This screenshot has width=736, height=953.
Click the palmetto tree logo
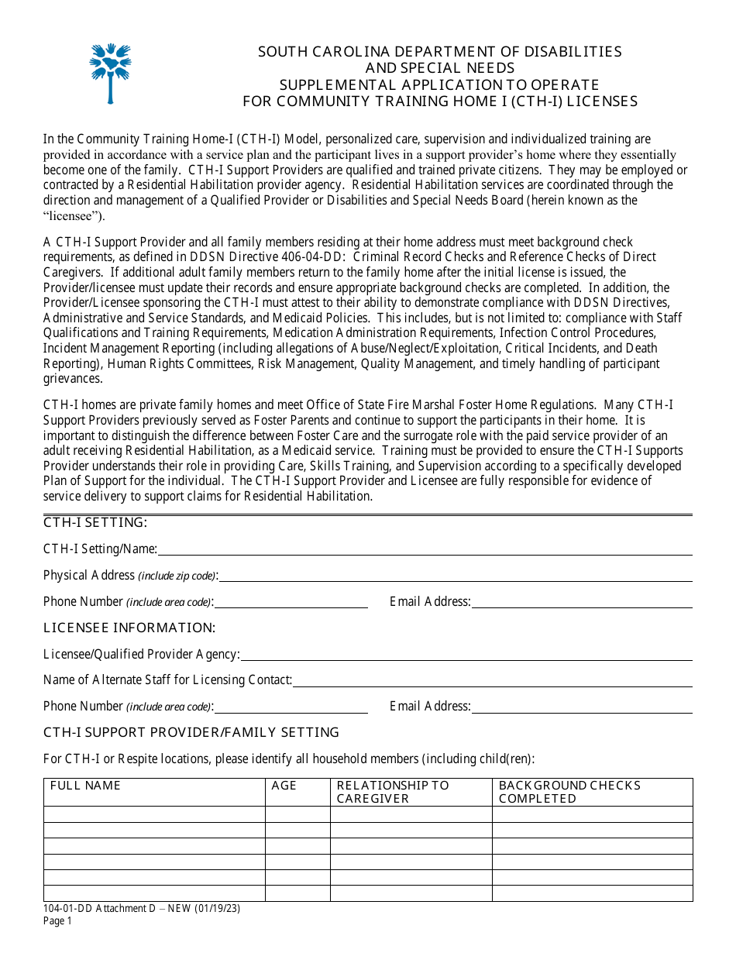pyautogui.click(x=111, y=73)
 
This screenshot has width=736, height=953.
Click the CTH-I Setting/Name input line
pyautogui.click(x=425, y=549)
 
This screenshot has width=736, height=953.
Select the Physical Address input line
pyautogui.click(x=456, y=575)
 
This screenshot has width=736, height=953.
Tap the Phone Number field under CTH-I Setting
pyautogui.click(x=291, y=602)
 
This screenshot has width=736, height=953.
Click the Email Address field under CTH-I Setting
pyautogui.click(x=582, y=602)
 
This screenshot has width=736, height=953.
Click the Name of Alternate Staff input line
pyautogui.click(x=493, y=680)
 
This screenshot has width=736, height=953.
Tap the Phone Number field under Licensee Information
pyautogui.click(x=291, y=707)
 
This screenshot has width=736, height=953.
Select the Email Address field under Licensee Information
pyautogui.click(x=582, y=707)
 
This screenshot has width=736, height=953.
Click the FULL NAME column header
pyautogui.click(x=86, y=786)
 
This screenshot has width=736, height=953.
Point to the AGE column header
pyautogui.click(x=284, y=786)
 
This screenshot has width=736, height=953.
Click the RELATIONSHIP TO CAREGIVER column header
pyautogui.click(x=393, y=792)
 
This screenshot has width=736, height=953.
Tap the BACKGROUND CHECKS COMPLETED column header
pyautogui.click(x=569, y=792)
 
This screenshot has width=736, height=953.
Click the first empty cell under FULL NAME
pyautogui.click(x=154, y=814)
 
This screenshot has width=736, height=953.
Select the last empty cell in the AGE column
pyautogui.click(x=297, y=893)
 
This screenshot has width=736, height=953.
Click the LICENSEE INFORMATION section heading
pyautogui.click(x=129, y=628)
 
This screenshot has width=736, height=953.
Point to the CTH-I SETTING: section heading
pyautogui.click(x=95, y=523)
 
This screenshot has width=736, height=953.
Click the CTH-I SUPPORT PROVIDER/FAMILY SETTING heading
pyautogui.click(x=191, y=732)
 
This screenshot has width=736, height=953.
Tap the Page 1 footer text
pyautogui.click(x=57, y=921)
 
